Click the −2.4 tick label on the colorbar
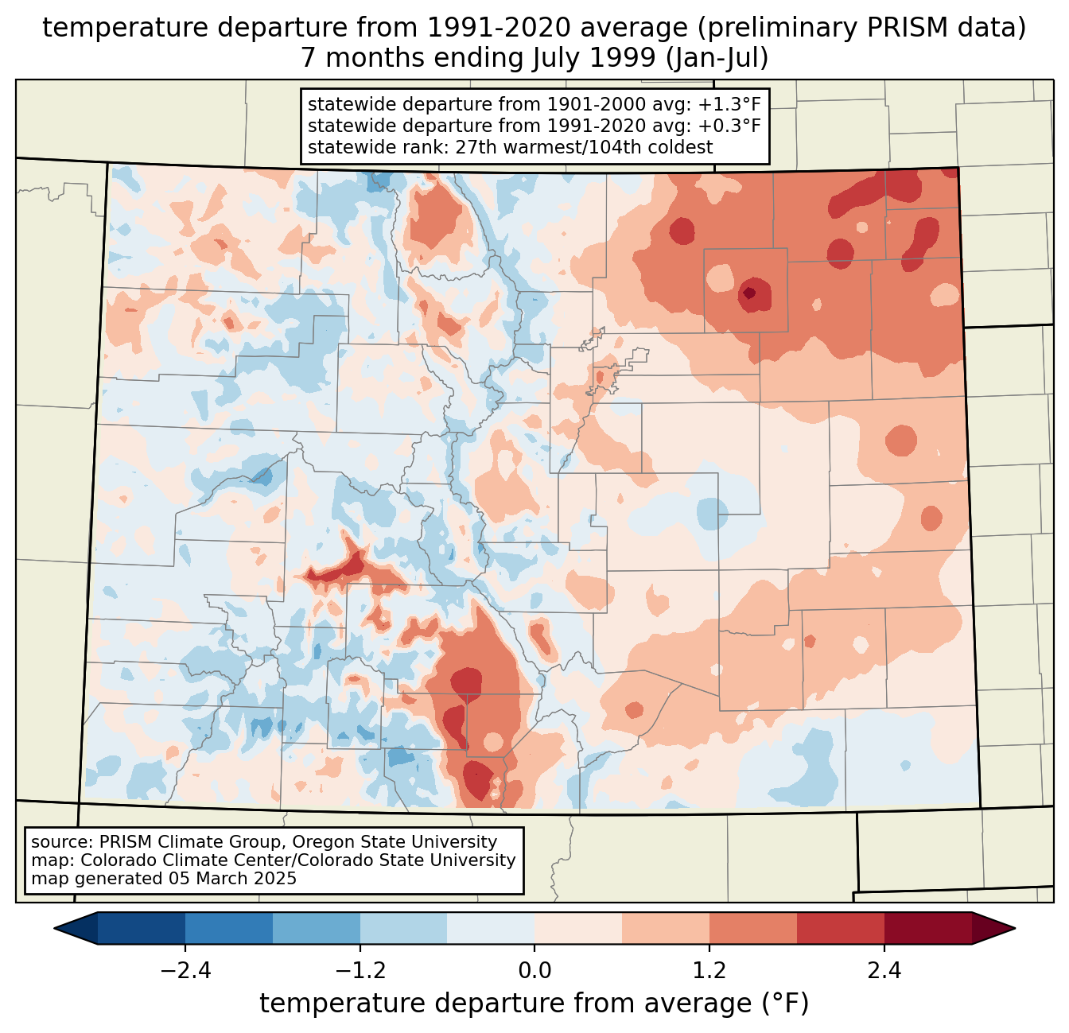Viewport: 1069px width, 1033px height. [185, 971]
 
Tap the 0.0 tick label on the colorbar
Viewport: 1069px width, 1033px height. [534, 971]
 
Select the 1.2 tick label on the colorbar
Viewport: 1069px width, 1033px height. [709, 971]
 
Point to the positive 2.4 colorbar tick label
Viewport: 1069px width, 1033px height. [884, 971]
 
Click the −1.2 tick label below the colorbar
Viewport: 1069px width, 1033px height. [360, 971]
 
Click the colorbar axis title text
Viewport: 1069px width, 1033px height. [534, 1004]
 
